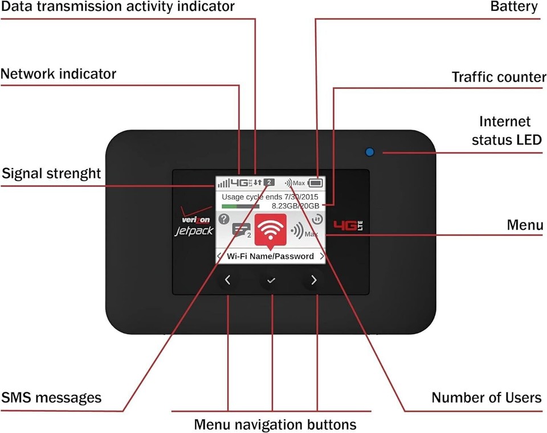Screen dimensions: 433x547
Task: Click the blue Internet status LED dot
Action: [x=369, y=152]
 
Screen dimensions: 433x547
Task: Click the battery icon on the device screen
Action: [x=315, y=183]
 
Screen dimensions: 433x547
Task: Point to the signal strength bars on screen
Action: [x=223, y=184]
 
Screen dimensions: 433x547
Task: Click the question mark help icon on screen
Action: [x=223, y=218]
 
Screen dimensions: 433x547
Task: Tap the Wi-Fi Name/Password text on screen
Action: [x=271, y=256]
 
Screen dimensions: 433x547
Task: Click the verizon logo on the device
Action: [x=195, y=220]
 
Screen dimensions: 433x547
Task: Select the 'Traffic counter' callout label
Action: [x=499, y=77]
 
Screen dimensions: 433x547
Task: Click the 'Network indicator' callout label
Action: [x=58, y=74]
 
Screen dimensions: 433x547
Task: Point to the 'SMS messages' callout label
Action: [x=51, y=398]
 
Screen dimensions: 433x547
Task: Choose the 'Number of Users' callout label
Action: [x=486, y=398]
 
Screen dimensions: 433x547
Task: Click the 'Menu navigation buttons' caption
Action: [x=275, y=424]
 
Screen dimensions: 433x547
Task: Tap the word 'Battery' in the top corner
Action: [x=513, y=7]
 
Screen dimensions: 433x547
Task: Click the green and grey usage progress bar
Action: [x=240, y=206]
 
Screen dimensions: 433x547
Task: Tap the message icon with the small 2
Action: [x=240, y=230]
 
